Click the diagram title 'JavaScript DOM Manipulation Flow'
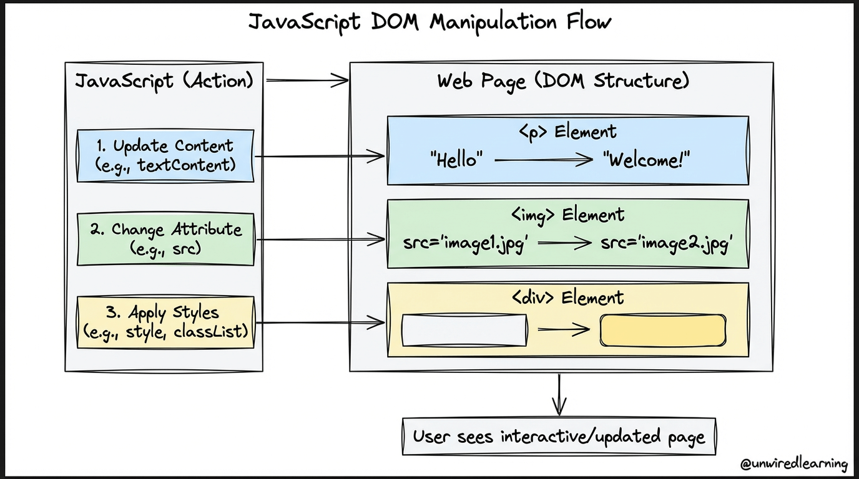tap(430, 22)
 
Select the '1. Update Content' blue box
tap(165, 155)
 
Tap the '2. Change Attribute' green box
tap(165, 239)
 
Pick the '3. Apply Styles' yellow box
tap(165, 322)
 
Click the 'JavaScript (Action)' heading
tap(164, 81)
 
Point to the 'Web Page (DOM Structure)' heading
tap(563, 81)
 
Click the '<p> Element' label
tap(568, 132)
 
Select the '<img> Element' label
tap(568, 215)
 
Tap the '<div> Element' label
tap(568, 298)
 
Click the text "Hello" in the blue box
tap(456, 159)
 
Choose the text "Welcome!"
tap(647, 159)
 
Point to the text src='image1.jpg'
tap(466, 243)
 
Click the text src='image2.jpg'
tap(667, 243)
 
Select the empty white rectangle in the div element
tap(464, 331)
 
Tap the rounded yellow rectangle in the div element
tap(663, 331)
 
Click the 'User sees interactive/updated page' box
tap(559, 437)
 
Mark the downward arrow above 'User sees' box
tap(559, 395)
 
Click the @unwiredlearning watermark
tap(794, 464)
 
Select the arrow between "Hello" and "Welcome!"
tap(544, 160)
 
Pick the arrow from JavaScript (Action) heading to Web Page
tap(307, 80)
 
